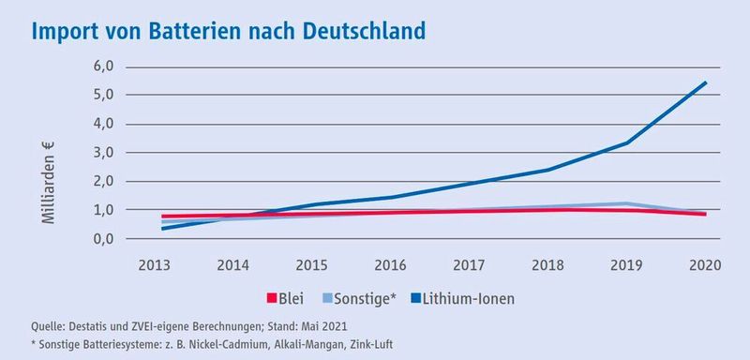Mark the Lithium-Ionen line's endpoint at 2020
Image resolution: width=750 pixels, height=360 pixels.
click(706, 82)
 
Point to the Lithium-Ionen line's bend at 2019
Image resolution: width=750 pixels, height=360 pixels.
click(627, 142)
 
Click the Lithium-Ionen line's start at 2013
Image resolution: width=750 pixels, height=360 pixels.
click(163, 228)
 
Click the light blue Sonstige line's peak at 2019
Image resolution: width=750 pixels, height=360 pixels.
click(627, 203)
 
